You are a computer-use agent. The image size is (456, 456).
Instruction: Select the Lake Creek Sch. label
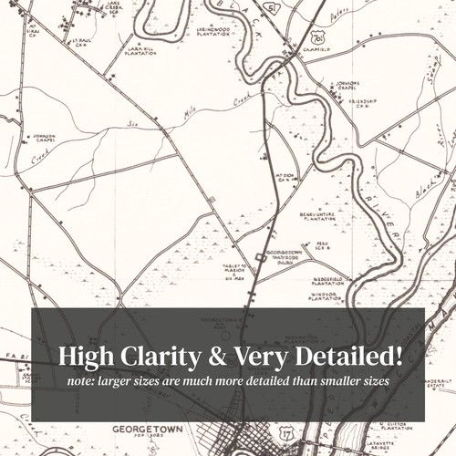[114, 7]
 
